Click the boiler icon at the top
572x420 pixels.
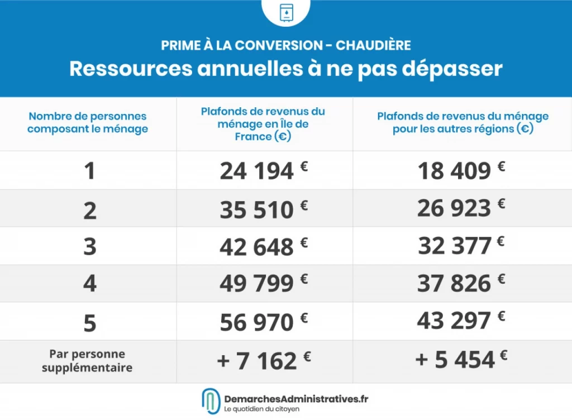[x=286, y=12]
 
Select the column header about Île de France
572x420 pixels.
[x=263, y=123]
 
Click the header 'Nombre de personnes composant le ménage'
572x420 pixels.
[x=88, y=123]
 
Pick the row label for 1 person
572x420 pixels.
[x=89, y=171]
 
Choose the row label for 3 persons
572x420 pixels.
[x=89, y=246]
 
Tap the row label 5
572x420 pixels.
[x=89, y=322]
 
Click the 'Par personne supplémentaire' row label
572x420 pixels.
[x=87, y=361]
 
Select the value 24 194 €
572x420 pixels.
[x=263, y=171]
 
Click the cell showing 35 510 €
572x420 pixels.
[x=263, y=209]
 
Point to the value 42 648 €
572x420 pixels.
[x=263, y=246]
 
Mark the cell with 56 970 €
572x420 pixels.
[x=263, y=322]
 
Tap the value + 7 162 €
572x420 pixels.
[x=263, y=361]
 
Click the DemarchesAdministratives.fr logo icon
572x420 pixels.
[x=211, y=402]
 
